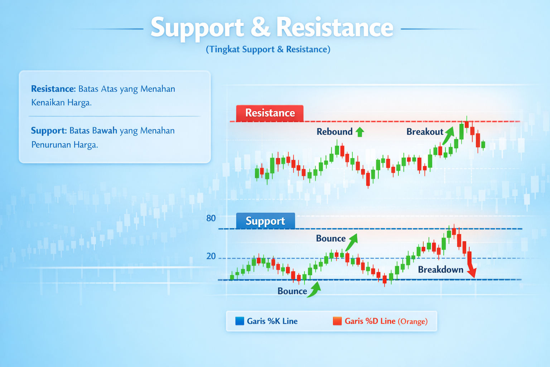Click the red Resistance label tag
click(x=270, y=113)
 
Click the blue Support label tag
click(x=265, y=221)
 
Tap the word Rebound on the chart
click(x=334, y=132)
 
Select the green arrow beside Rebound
click(x=360, y=132)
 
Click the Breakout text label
click(x=425, y=132)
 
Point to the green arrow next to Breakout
click(x=449, y=135)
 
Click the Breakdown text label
click(x=440, y=270)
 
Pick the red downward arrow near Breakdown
click(x=471, y=265)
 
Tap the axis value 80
click(x=211, y=218)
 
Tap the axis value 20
click(x=211, y=256)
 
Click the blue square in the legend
click(x=240, y=321)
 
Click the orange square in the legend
click(x=337, y=321)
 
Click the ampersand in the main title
click(x=260, y=28)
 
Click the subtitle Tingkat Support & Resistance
click(x=268, y=49)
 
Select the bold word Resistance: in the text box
click(x=53, y=89)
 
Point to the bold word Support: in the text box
click(x=49, y=131)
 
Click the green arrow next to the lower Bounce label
click(x=314, y=290)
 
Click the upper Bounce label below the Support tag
click(x=331, y=239)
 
